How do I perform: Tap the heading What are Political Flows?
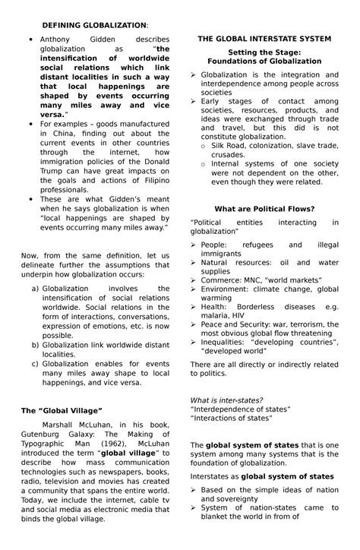click(x=264, y=208)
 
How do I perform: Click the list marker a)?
click(x=35, y=289)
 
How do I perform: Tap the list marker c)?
click(x=35, y=363)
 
